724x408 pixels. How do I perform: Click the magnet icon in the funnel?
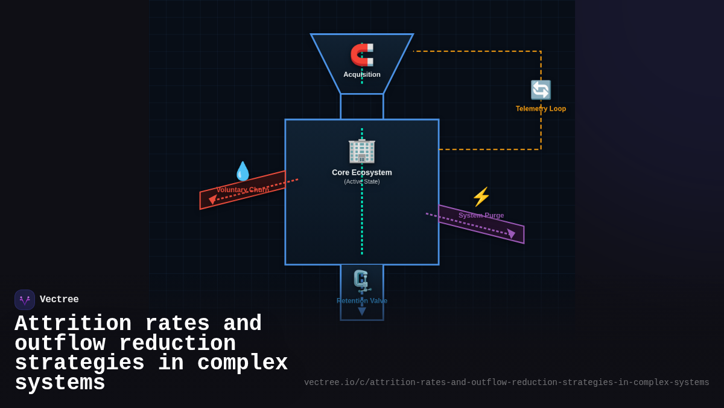[x=362, y=54]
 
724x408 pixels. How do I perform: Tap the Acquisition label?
[x=362, y=74]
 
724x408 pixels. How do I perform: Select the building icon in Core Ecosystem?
[x=362, y=150]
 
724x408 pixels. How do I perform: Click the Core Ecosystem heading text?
[x=362, y=172]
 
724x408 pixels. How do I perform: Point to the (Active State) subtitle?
[x=362, y=181]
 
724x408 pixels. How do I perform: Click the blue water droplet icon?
[x=243, y=171]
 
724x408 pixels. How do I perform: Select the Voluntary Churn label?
[x=243, y=190]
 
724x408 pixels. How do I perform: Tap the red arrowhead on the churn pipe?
[x=212, y=199]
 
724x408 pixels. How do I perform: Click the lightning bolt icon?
[x=481, y=196]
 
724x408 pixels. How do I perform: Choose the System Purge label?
[x=481, y=215]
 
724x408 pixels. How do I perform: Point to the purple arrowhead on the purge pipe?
[x=511, y=233]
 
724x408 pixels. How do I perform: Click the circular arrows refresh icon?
[x=541, y=90]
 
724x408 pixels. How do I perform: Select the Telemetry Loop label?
[x=541, y=109]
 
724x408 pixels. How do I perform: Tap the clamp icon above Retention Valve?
[x=361, y=280]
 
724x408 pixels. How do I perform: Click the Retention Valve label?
[x=362, y=301]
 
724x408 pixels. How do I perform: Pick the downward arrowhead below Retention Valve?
[x=362, y=311]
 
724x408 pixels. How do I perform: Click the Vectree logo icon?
[x=25, y=300]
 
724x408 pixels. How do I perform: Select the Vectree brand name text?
[x=59, y=300]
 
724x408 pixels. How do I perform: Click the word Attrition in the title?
[x=73, y=324]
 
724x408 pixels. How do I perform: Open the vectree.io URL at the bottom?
[x=506, y=383]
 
